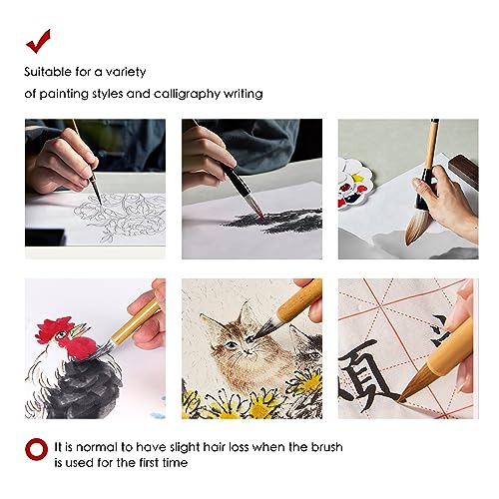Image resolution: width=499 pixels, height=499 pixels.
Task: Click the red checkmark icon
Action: (x=39, y=40)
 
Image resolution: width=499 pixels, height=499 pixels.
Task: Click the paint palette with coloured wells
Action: (x=353, y=186)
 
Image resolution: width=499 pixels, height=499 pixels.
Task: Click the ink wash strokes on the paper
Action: (x=269, y=218)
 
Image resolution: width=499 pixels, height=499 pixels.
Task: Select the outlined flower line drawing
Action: (x=125, y=215)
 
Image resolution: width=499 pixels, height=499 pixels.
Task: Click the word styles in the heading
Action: (x=124, y=94)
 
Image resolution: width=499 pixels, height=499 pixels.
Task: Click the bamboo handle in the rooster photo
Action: (x=135, y=324)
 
